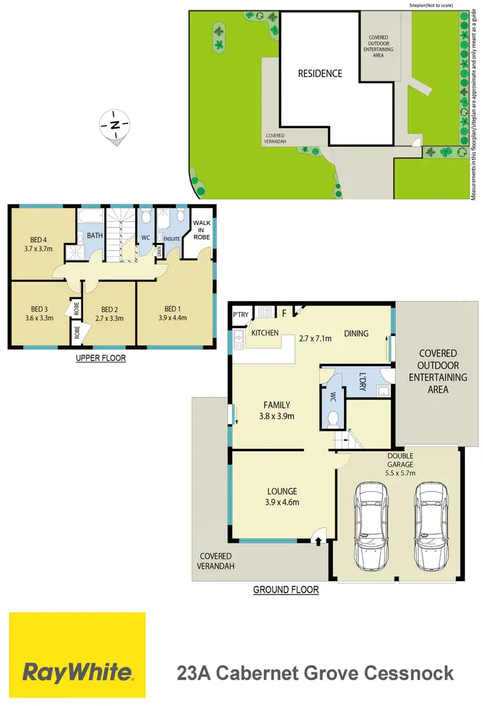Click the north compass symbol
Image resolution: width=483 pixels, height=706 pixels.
pos(115,125)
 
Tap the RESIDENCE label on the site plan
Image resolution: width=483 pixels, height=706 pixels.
pos(319,74)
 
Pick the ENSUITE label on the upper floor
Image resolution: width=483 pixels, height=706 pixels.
pos(171,239)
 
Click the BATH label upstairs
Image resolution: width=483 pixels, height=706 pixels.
pos(95,236)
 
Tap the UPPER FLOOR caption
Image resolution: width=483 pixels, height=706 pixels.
pos(100,358)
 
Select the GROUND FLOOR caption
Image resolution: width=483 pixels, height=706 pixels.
pos(286,590)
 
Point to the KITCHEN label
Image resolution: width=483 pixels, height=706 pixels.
pos(264,333)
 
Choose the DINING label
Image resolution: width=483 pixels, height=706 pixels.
pos(356,333)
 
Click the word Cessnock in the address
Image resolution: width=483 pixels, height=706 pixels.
pos(407,674)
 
